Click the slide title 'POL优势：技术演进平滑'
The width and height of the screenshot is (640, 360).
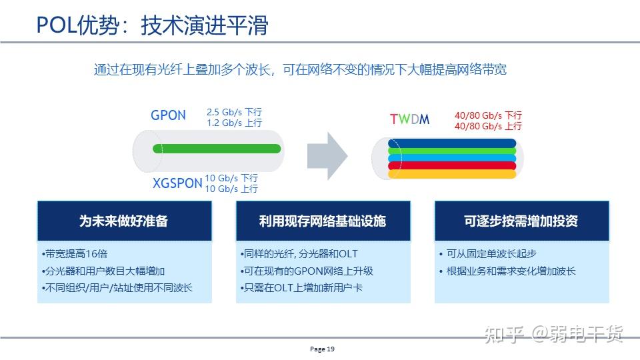click(152, 25)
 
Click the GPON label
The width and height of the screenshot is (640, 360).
click(168, 115)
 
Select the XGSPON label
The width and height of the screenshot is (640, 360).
click(177, 183)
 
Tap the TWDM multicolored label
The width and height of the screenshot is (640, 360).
click(409, 120)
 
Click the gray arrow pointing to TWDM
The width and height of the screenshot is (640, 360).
click(327, 155)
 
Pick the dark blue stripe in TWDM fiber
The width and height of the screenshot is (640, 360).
click(453, 143)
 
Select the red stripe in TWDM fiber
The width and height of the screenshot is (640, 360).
click(453, 166)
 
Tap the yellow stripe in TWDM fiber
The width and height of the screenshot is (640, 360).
click(453, 174)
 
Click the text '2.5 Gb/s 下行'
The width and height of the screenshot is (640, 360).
click(234, 113)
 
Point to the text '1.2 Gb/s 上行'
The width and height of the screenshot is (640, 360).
click(234, 123)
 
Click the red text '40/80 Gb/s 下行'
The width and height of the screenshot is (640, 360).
click(488, 115)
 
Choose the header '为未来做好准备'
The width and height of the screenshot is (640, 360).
click(124, 221)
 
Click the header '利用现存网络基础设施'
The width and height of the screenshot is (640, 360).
click(323, 221)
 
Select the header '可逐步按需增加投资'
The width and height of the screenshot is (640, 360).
click(521, 221)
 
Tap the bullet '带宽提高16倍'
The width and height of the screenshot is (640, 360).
click(75, 254)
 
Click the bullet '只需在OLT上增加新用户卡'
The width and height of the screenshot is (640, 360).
click(301, 287)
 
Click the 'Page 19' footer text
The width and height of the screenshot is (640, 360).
click(322, 349)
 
